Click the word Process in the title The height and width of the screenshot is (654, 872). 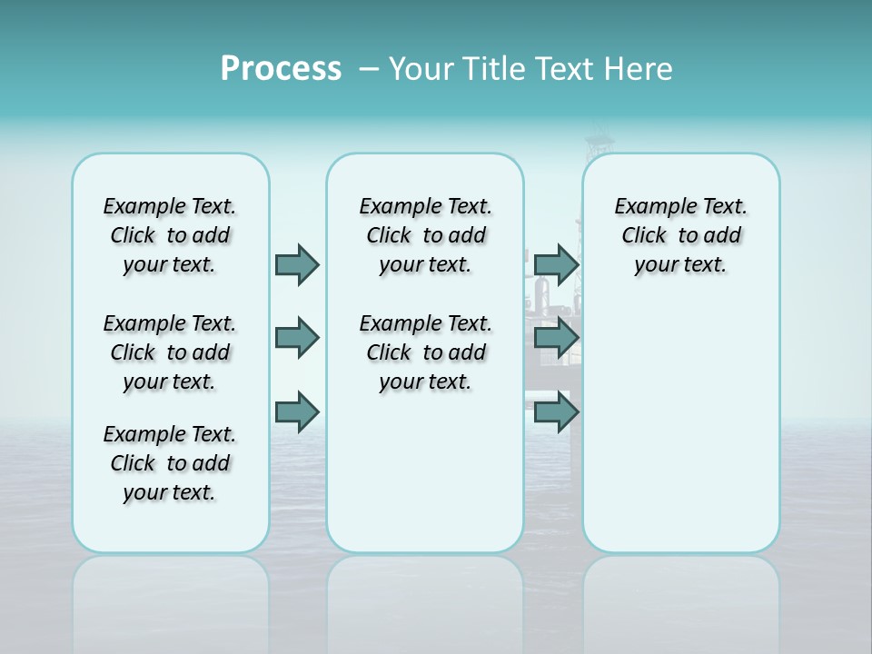[281, 68]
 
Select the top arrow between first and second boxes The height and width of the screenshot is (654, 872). [297, 264]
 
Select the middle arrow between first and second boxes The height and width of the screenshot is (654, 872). [297, 338]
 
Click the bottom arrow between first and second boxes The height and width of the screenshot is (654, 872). [297, 412]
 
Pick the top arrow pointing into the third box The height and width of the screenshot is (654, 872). [556, 264]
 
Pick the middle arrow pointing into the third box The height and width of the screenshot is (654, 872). [556, 338]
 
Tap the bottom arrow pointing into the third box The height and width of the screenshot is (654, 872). [556, 412]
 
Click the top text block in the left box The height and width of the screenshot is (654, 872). [170, 235]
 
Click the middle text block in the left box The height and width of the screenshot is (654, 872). [170, 352]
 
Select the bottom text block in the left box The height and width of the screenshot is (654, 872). [170, 463]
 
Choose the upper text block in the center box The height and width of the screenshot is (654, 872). [425, 235]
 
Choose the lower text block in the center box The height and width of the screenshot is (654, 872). [425, 352]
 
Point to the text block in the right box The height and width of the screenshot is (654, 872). [680, 235]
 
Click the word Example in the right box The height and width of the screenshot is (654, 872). [649, 207]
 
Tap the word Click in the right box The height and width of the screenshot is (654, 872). [644, 236]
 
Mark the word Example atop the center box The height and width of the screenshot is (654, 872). [394, 207]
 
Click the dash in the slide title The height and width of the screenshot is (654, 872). [370, 69]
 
